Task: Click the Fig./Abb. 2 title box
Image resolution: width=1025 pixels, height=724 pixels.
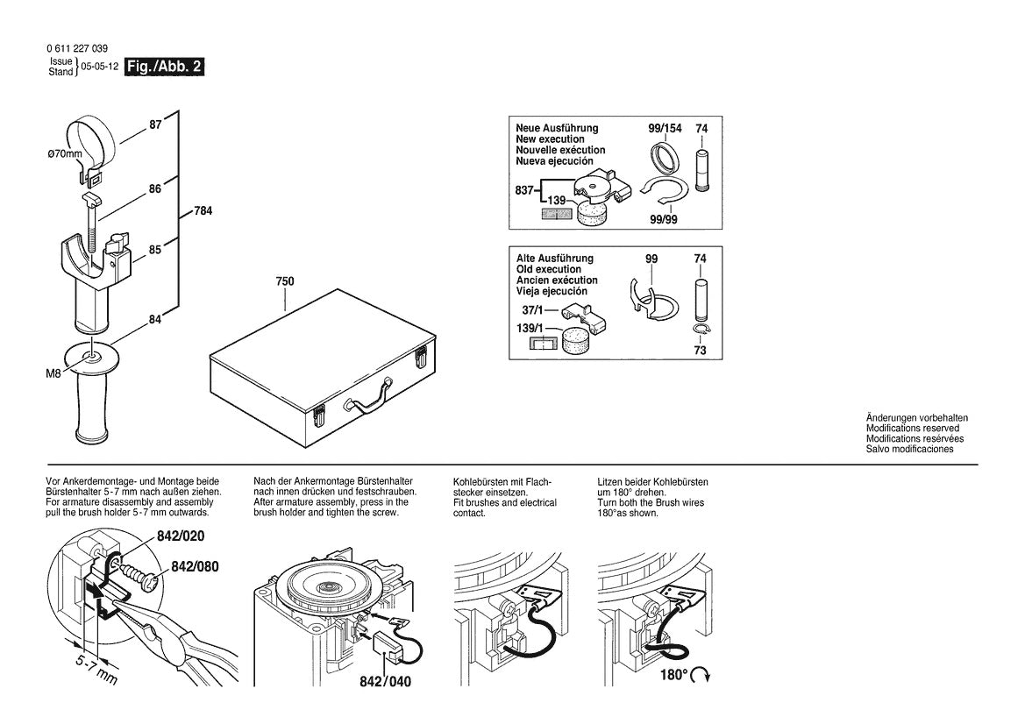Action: tap(165, 67)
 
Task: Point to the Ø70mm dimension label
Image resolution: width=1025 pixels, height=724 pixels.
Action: tap(64, 154)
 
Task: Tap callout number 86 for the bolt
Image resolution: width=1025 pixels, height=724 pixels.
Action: tap(154, 188)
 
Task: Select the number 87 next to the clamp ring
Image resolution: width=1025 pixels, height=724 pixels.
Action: tap(155, 125)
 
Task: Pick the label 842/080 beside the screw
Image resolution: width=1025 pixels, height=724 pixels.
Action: tap(195, 566)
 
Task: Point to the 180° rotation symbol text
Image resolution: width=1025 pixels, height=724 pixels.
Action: tap(673, 676)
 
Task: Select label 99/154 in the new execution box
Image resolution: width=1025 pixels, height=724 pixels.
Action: tap(664, 129)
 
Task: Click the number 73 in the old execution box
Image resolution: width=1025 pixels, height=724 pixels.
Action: tap(701, 350)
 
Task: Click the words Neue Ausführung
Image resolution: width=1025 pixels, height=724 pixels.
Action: tap(557, 128)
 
